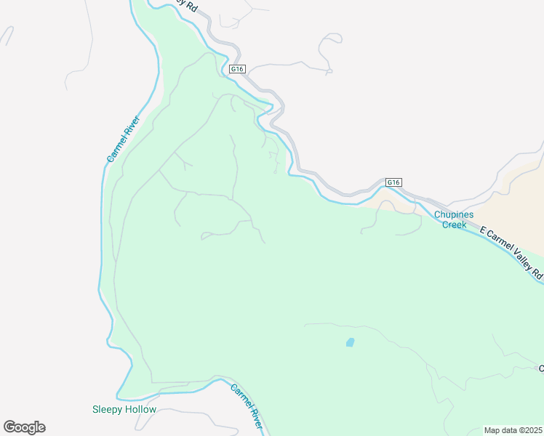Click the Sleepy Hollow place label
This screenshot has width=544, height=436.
[124, 409]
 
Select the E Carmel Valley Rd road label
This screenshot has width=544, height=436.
[512, 253]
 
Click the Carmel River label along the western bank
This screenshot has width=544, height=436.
[122, 139]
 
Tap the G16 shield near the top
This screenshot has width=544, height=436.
[237, 69]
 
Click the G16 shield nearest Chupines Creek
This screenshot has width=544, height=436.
[393, 182]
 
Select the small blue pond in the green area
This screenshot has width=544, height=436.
[350, 342]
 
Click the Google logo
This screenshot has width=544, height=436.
[24, 427]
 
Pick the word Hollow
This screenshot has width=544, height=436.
[140, 409]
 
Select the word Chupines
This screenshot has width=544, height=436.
[454, 214]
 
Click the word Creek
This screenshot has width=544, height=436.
[455, 225]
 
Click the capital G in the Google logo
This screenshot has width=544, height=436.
[9, 427]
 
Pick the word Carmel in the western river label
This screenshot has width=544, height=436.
[116, 149]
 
